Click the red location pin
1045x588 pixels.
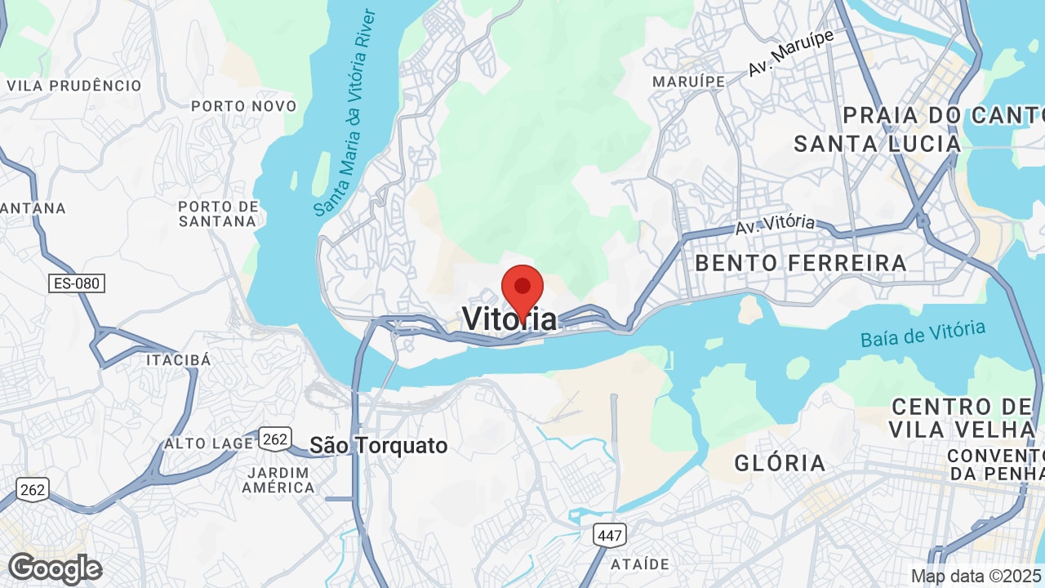pyautogui.click(x=522, y=291)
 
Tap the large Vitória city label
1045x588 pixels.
pyautogui.click(x=510, y=318)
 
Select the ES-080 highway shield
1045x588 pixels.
pyautogui.click(x=77, y=283)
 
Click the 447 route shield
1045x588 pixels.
pyautogui.click(x=609, y=536)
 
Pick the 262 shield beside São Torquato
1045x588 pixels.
pyautogui.click(x=275, y=439)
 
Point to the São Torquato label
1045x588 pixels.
pyautogui.click(x=379, y=445)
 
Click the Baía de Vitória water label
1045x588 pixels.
pyautogui.click(x=923, y=334)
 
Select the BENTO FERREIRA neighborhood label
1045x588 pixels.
pyautogui.click(x=801, y=263)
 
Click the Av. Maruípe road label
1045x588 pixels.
pyautogui.click(x=791, y=52)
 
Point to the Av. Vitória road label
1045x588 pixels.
pyautogui.click(x=775, y=224)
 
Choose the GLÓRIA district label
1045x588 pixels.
pyautogui.click(x=780, y=463)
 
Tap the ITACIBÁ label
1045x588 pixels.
pyautogui.click(x=178, y=360)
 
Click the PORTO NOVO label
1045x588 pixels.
pyautogui.click(x=243, y=106)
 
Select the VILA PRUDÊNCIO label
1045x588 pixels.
pyautogui.click(x=73, y=86)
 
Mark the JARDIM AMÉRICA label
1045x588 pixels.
pyautogui.click(x=278, y=480)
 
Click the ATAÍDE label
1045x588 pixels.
pyautogui.click(x=640, y=564)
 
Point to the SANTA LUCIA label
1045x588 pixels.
pyautogui.click(x=877, y=144)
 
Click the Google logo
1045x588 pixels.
pyautogui.click(x=55, y=568)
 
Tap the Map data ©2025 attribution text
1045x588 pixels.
pyautogui.click(x=977, y=576)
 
